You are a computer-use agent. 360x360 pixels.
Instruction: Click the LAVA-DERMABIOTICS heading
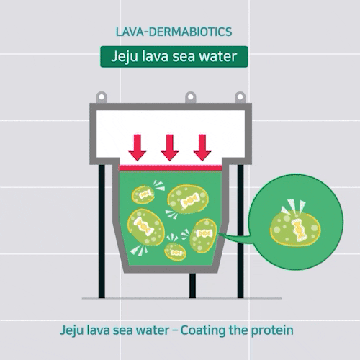[x=174, y=32]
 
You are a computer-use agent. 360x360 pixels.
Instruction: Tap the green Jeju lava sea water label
[x=174, y=57]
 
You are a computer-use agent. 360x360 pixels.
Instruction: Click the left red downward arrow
[x=138, y=148]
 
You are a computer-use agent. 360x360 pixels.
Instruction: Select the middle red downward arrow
[x=170, y=148]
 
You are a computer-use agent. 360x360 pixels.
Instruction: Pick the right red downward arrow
[x=202, y=148]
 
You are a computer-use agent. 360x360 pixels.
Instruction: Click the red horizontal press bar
[x=171, y=168]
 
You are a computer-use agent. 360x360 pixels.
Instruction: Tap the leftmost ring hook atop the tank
[x=102, y=97]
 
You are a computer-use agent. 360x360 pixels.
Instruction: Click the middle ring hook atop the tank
[x=191, y=97]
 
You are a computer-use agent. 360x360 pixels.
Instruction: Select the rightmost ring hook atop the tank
[x=240, y=97]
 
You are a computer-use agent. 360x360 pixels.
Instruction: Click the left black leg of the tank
[x=102, y=231]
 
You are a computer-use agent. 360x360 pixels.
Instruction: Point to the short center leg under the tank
[x=192, y=286]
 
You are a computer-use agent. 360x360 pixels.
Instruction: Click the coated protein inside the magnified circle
[x=295, y=228]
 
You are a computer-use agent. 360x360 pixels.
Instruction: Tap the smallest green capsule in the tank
[x=175, y=252]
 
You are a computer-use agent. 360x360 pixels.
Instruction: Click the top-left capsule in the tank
[x=143, y=194]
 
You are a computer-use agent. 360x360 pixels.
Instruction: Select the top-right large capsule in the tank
[x=188, y=199]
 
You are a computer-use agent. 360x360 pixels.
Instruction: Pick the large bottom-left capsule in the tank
[x=145, y=227]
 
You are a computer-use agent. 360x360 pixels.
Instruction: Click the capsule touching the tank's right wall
[x=204, y=235]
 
